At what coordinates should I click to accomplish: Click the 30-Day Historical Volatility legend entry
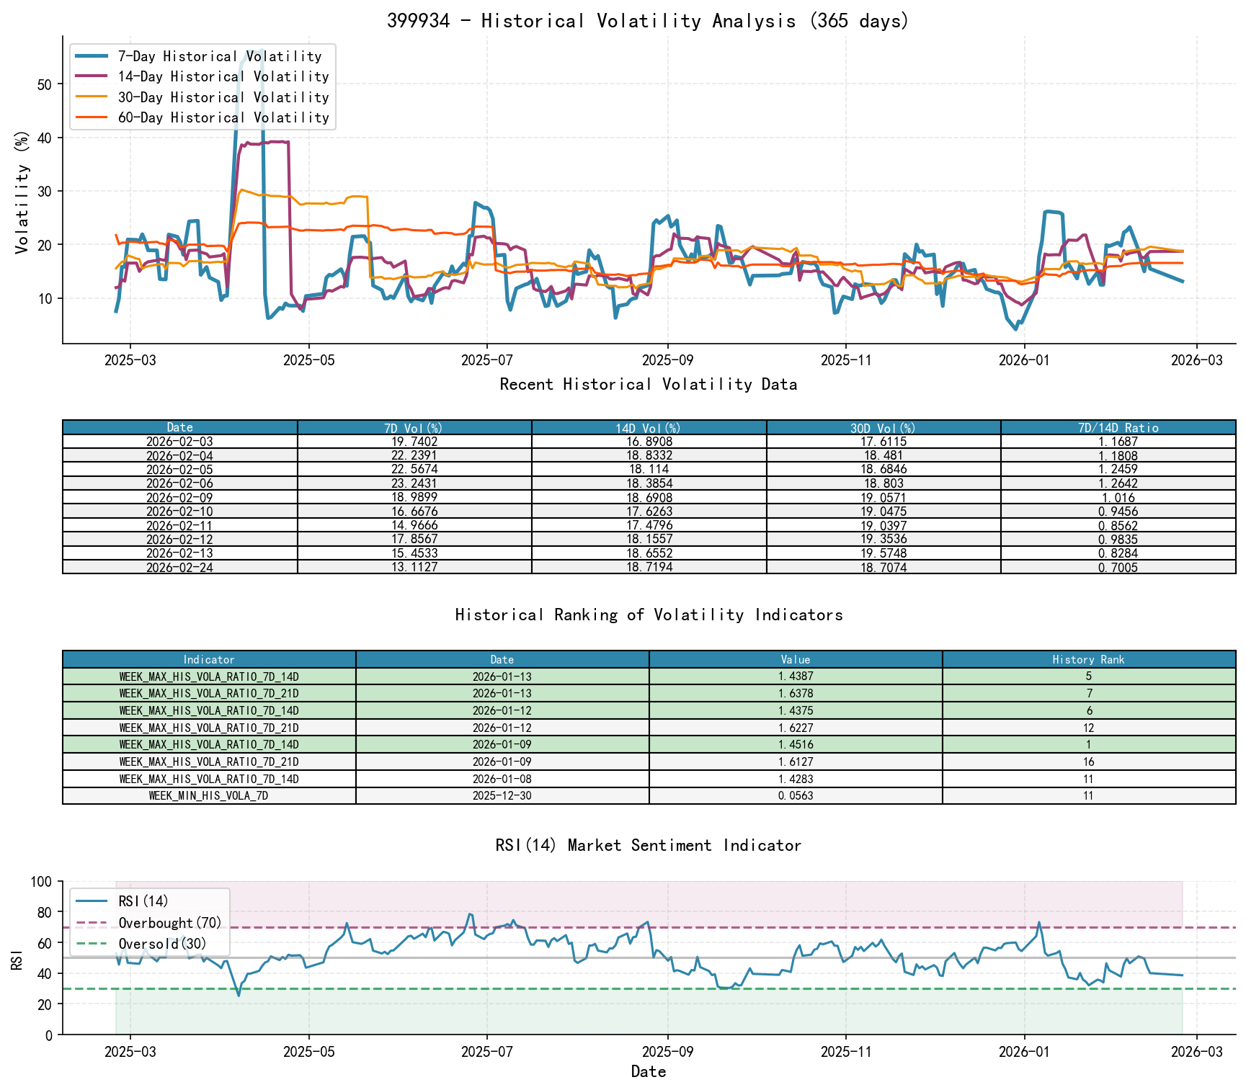(223, 97)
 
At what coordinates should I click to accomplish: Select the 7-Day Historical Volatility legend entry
(219, 56)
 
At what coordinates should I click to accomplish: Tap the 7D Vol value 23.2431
(414, 483)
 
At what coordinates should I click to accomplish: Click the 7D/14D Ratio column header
(1118, 428)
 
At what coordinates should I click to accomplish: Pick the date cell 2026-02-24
(179, 568)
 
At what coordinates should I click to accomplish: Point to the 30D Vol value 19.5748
(884, 553)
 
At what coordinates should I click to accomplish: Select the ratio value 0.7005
(1118, 568)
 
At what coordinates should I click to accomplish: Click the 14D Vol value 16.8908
(649, 442)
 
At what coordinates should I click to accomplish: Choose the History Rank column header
(1088, 660)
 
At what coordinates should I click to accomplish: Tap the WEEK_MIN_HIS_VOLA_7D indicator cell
(209, 796)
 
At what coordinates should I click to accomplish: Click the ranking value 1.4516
(796, 745)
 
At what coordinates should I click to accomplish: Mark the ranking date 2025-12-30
(502, 796)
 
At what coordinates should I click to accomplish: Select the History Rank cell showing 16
(1088, 762)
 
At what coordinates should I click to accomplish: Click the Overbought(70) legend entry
(170, 923)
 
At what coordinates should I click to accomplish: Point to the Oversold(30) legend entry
(162, 944)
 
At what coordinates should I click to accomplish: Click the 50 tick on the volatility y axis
(45, 84)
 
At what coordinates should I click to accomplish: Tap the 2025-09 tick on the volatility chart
(667, 360)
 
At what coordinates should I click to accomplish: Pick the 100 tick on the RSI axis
(40, 882)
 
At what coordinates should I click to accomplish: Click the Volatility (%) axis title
(22, 192)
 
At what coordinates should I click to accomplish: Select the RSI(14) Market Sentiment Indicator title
(648, 845)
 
